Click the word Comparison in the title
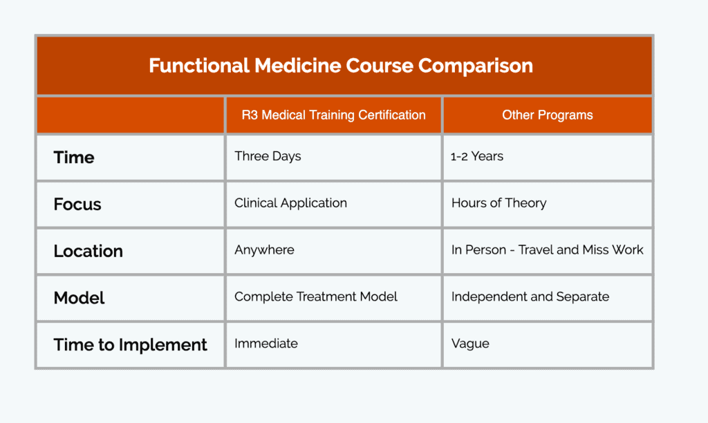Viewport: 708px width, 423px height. click(x=476, y=66)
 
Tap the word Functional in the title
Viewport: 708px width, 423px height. click(x=199, y=66)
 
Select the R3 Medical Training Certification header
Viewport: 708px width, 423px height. click(x=334, y=115)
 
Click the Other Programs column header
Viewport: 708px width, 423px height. click(x=548, y=115)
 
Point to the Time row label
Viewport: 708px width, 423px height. click(x=74, y=158)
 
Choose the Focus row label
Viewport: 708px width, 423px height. click(x=77, y=205)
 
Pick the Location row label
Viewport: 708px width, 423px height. click(x=88, y=251)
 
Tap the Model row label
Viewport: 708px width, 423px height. click(x=79, y=298)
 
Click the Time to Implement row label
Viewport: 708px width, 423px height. click(x=130, y=345)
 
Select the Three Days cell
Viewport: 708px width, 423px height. click(x=268, y=156)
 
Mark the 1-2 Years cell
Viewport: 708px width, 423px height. click(x=477, y=156)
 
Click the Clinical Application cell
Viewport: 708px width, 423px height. click(x=291, y=203)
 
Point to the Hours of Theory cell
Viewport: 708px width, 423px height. click(x=499, y=203)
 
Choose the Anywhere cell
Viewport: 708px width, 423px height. click(x=265, y=250)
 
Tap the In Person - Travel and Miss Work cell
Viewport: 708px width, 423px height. click(x=548, y=250)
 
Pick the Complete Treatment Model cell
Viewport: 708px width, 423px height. click(x=316, y=297)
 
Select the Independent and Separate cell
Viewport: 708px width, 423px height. click(x=530, y=297)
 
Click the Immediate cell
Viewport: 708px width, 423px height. click(x=266, y=344)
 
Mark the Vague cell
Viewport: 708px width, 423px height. click(x=470, y=344)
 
